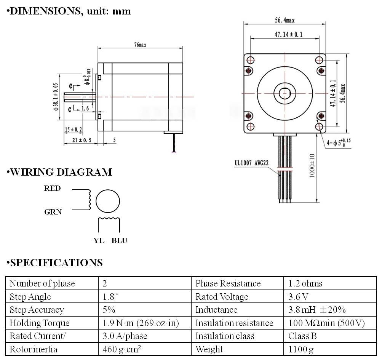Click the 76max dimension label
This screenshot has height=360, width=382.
tap(140, 45)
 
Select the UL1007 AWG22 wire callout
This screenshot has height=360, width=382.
tap(251, 163)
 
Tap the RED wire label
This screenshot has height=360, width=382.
tap(52, 189)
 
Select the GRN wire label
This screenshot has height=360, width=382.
tap(53, 212)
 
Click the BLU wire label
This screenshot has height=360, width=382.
tap(119, 240)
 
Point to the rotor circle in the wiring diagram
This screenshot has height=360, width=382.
tap(108, 202)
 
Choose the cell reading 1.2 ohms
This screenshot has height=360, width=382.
tap(305, 283)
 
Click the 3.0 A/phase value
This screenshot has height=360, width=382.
tap(125, 336)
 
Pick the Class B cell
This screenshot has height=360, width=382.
tap(302, 336)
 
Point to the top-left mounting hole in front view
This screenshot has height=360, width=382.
tap(251, 60)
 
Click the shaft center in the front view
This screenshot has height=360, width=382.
tap(285, 93)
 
